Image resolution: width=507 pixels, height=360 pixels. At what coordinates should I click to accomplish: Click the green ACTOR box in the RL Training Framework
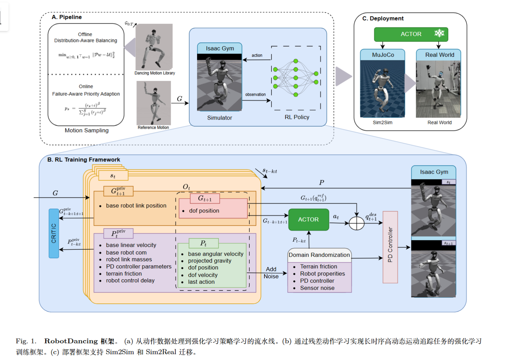(x=308, y=220)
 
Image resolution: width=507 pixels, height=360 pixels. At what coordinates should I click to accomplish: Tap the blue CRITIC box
(x=54, y=233)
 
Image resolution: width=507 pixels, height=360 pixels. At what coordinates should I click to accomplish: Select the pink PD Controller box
(x=390, y=247)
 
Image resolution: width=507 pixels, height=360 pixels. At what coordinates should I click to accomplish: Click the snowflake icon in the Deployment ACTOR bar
(x=439, y=33)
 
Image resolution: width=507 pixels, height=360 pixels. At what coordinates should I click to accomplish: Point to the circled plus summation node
(x=357, y=223)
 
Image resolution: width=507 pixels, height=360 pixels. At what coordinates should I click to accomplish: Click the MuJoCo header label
(x=383, y=55)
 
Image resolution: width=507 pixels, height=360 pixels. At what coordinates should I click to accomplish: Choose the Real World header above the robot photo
(x=439, y=55)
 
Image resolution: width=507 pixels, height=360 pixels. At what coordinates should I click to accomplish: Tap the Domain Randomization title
(x=319, y=255)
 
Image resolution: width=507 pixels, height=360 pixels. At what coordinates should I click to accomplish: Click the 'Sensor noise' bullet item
(x=317, y=288)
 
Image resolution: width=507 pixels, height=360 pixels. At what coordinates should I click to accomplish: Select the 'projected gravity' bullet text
(x=210, y=261)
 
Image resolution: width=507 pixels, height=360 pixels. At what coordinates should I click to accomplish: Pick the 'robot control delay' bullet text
(x=130, y=280)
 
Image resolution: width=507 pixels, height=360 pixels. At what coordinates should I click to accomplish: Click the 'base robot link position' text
(x=136, y=205)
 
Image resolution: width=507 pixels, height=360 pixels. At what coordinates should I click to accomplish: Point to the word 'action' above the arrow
(x=257, y=55)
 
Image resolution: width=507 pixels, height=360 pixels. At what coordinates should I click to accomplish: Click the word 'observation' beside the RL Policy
(x=256, y=94)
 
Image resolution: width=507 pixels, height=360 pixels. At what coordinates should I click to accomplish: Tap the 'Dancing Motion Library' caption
(x=154, y=73)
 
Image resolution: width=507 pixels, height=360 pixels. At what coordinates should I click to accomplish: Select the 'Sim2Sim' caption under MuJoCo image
(x=382, y=122)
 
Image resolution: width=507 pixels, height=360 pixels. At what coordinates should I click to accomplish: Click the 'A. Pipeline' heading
(x=67, y=17)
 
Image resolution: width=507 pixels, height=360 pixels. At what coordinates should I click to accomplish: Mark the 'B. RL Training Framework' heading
(x=84, y=159)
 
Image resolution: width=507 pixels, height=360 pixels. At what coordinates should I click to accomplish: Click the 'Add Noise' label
(x=271, y=272)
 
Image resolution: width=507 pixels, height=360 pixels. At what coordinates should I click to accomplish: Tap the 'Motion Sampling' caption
(x=86, y=130)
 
